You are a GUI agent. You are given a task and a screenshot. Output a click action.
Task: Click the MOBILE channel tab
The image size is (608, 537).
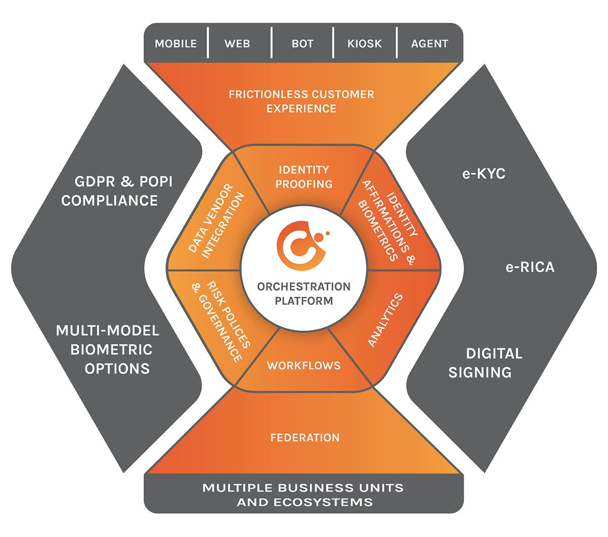point(176,43)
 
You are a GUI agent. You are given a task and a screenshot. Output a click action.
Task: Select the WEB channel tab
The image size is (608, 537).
point(237,43)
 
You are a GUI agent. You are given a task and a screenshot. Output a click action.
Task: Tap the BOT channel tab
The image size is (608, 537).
point(302,43)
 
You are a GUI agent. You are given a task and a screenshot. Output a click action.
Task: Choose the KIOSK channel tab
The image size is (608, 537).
point(364,43)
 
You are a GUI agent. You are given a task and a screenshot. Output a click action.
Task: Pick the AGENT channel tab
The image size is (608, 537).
point(429,43)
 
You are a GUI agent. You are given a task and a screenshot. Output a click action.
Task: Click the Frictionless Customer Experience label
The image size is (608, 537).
point(301,101)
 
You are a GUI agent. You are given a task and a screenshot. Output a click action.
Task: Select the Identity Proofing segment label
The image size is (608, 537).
point(303,176)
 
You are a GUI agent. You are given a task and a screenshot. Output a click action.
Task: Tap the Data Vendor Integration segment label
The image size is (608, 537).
point(216,222)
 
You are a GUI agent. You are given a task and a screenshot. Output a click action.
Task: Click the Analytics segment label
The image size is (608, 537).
point(385,320)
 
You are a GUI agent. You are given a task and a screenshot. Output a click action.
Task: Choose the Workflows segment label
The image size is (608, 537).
point(303,365)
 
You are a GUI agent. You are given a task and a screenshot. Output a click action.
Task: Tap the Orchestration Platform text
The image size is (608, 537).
point(303,293)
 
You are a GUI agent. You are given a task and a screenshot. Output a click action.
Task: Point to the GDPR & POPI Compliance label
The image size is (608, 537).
point(117,191)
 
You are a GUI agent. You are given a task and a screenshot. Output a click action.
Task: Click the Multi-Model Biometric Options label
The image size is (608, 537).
point(108,349)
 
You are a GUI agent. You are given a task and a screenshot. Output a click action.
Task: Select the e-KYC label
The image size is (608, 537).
point(484,174)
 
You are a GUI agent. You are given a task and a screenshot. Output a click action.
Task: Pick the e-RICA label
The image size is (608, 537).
point(530,266)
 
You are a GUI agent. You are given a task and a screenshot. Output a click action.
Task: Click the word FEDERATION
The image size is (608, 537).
point(305,437)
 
